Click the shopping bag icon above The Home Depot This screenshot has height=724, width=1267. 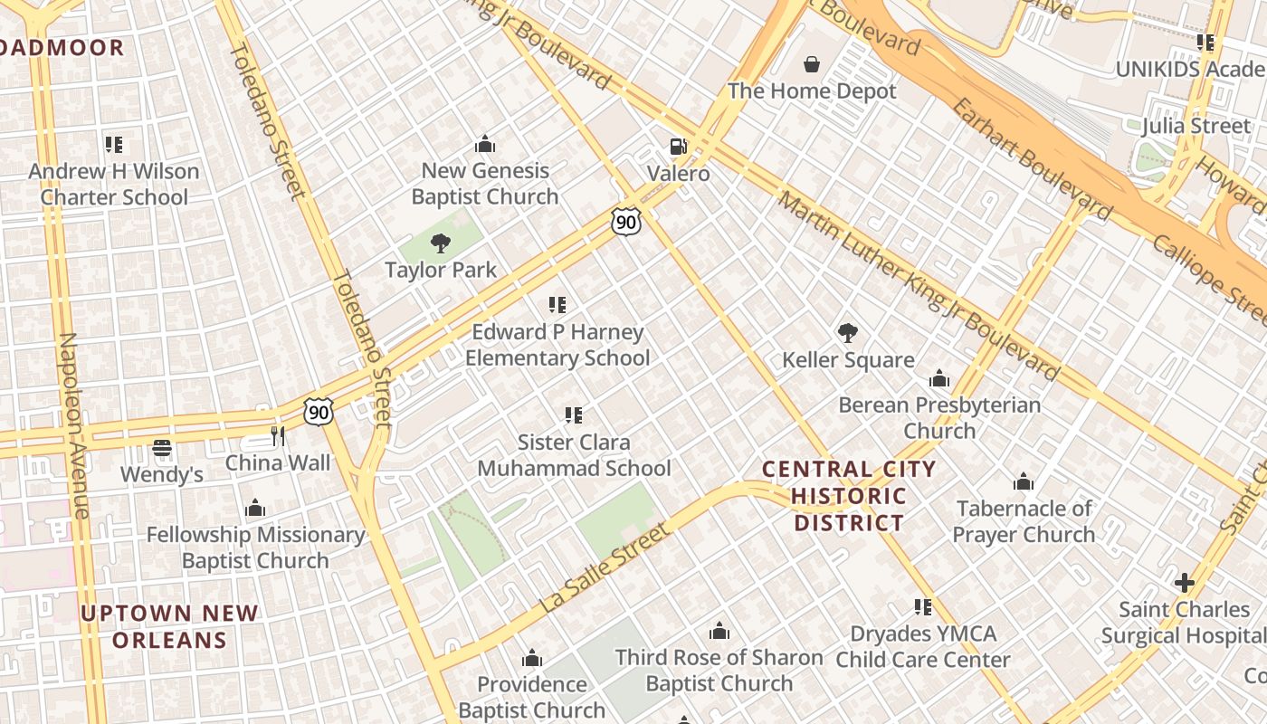(812, 64)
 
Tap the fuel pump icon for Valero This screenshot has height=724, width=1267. (678, 147)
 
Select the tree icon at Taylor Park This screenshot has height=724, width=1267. (441, 243)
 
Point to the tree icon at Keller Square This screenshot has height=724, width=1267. (848, 333)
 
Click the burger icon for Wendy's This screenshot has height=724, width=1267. (162, 448)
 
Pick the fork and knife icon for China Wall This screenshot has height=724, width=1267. (278, 436)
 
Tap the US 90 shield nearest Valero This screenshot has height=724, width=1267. (626, 221)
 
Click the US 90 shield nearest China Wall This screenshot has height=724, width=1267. (319, 411)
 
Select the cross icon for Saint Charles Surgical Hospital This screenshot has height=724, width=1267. (1184, 583)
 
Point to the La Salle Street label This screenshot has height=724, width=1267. (607, 567)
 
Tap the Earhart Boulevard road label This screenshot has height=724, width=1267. (1032, 159)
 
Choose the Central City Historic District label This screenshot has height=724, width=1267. (849, 496)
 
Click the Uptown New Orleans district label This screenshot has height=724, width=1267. (169, 627)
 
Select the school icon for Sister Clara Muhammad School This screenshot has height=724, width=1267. (573, 415)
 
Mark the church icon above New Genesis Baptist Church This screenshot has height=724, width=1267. (485, 145)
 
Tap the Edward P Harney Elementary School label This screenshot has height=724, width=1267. (557, 345)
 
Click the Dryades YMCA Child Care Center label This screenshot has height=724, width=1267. (922, 646)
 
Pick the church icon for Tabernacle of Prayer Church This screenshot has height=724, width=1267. (1024, 482)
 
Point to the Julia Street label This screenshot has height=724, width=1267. (1196, 126)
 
